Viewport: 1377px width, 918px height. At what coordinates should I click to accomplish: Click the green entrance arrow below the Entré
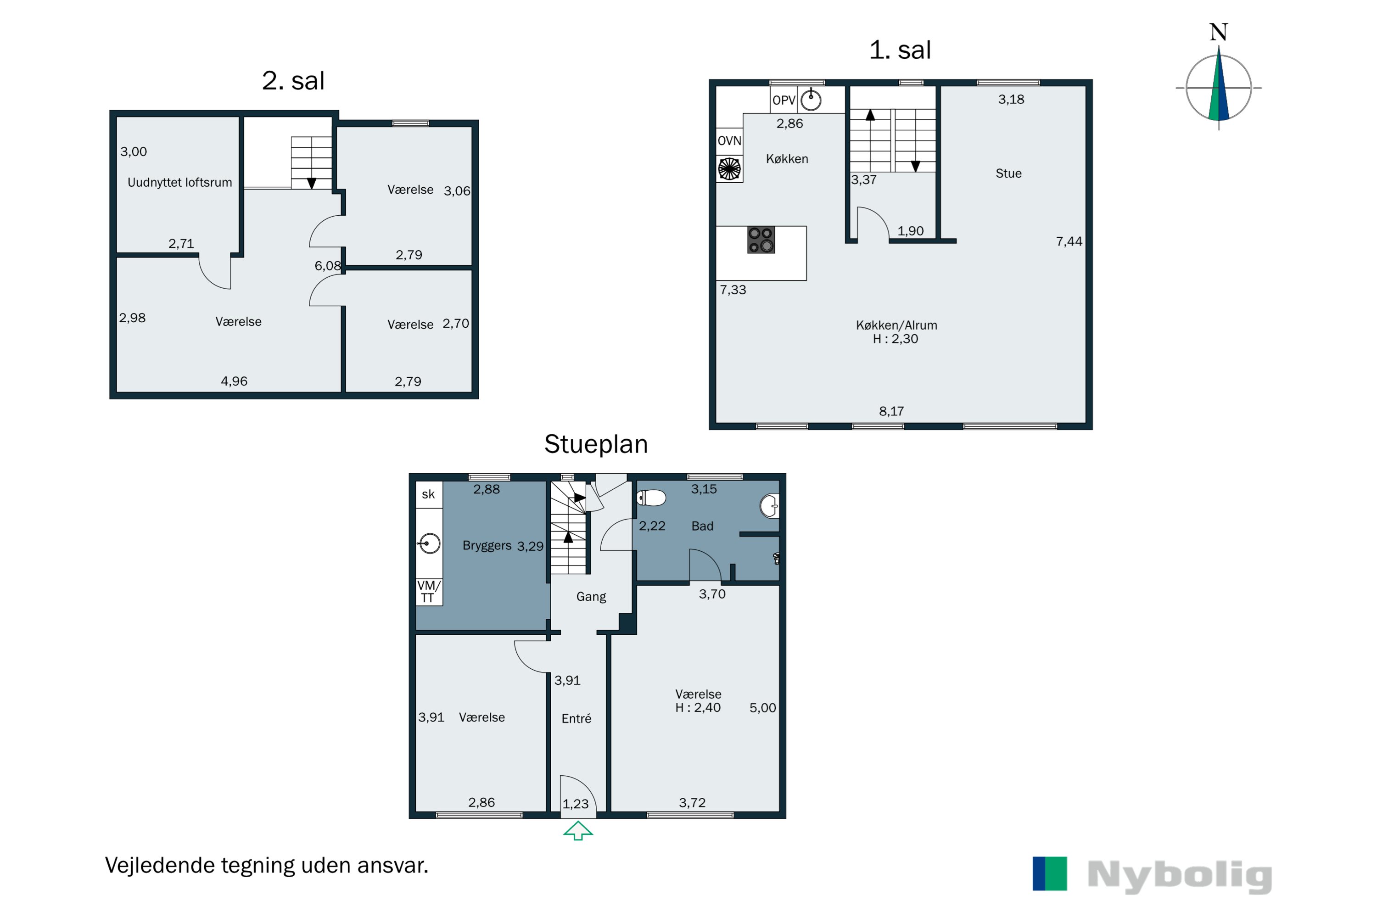[x=578, y=831]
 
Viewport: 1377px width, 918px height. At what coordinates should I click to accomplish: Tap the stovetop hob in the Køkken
[x=761, y=240]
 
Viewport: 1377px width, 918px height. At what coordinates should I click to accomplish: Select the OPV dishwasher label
[x=784, y=100]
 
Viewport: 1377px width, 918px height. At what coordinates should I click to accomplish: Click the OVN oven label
[x=729, y=140]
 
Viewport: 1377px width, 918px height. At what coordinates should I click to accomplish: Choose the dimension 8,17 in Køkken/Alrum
[x=891, y=411]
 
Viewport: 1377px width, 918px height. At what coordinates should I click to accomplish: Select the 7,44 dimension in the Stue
[x=1069, y=241]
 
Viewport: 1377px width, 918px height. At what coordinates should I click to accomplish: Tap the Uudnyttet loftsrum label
[x=180, y=182]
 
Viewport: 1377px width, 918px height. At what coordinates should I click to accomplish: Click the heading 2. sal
[x=293, y=81]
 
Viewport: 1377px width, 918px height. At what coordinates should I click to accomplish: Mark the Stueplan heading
[x=596, y=444]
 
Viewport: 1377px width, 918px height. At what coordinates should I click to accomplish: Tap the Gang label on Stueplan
[x=591, y=597]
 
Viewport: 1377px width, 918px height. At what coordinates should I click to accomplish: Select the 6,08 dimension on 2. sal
[x=328, y=266]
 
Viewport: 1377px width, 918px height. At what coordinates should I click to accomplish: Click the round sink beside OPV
[x=811, y=100]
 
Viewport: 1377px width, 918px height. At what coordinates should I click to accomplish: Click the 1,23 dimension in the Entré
[x=576, y=804]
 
